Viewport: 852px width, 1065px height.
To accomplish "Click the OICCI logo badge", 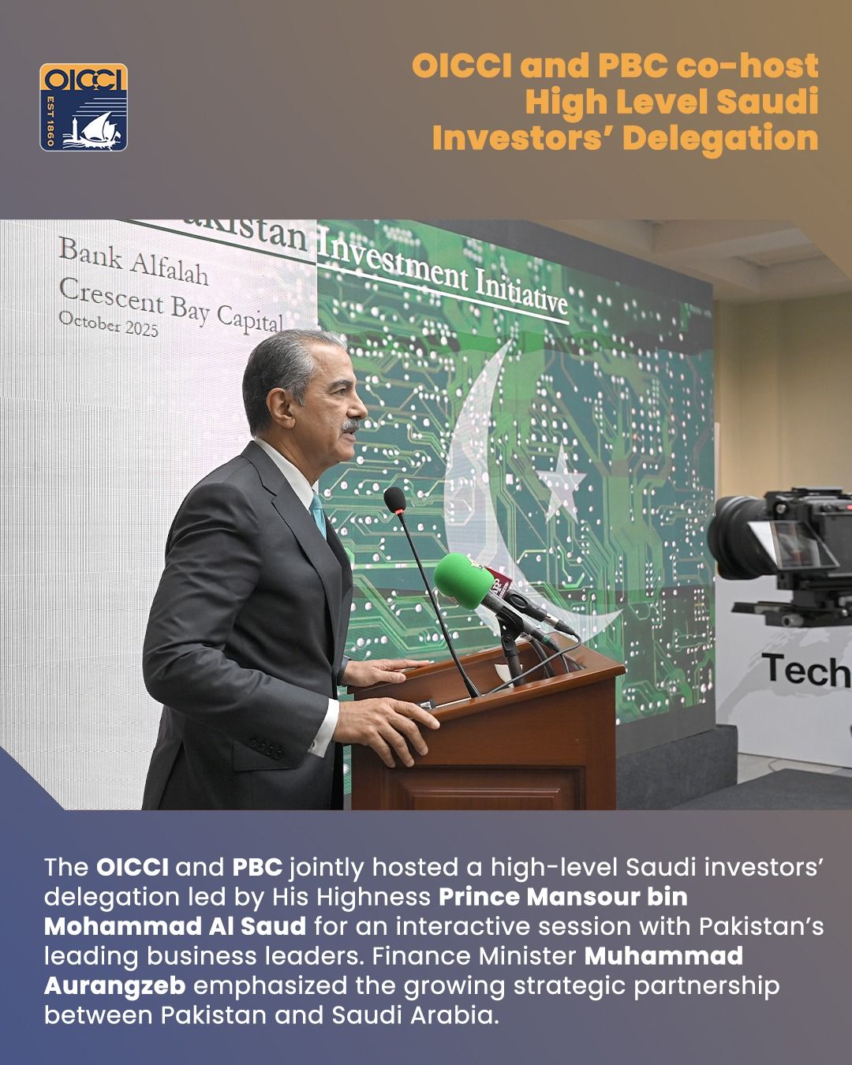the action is click(83, 107).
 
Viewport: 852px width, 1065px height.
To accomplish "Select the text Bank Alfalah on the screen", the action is click(133, 261).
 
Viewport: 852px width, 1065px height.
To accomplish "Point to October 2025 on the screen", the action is click(108, 324).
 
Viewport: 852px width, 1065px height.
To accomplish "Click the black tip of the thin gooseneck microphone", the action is click(394, 500).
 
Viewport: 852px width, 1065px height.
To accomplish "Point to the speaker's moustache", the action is click(351, 424).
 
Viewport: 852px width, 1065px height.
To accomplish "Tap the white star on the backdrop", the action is click(562, 480).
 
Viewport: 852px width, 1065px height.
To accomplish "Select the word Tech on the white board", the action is click(806, 671).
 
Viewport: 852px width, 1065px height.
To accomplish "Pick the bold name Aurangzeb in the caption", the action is click(115, 986).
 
